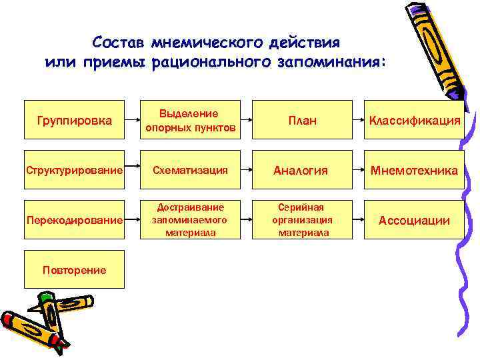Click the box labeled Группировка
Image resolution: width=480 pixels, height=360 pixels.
(74, 120)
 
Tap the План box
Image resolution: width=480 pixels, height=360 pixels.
(302, 120)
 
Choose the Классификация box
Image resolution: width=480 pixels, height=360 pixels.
(414, 120)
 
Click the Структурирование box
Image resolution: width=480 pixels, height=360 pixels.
(74, 171)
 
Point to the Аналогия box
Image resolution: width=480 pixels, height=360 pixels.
(302, 171)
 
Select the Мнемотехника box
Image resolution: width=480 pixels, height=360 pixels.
(414, 171)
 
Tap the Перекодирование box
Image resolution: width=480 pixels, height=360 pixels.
(74, 220)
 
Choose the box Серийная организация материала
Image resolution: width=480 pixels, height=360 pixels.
(302, 220)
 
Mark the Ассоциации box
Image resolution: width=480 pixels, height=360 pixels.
(414, 220)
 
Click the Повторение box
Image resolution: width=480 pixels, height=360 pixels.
(74, 269)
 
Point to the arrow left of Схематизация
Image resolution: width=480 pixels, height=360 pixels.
(132, 171)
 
